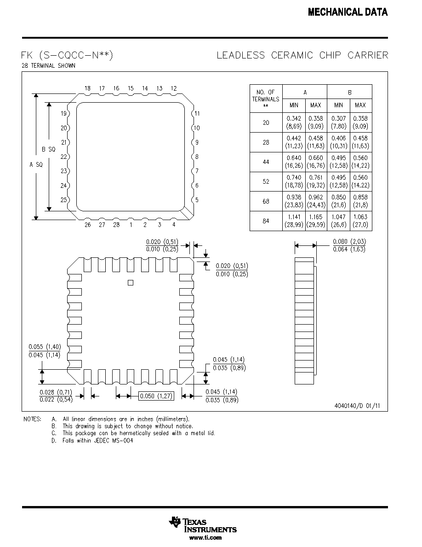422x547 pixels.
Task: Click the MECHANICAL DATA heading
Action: click(x=348, y=12)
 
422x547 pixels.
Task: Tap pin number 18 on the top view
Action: click(x=87, y=88)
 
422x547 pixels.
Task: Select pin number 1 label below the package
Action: click(x=131, y=225)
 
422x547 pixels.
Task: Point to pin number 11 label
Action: click(x=197, y=113)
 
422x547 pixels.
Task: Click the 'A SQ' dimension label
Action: click(x=36, y=165)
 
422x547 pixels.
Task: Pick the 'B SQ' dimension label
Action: click(x=48, y=149)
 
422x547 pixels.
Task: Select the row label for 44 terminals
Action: click(x=266, y=162)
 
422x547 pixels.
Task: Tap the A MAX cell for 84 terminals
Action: click(x=316, y=221)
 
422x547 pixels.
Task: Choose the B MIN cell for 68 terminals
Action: click(x=338, y=201)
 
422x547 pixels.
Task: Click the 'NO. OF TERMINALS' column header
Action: click(x=266, y=99)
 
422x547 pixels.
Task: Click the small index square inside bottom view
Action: click(x=131, y=283)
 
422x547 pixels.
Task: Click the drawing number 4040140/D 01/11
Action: click(x=357, y=406)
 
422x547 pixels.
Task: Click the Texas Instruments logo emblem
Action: click(x=174, y=522)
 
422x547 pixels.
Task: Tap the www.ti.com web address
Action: click(x=205, y=538)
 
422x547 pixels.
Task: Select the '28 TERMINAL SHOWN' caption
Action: click(x=48, y=65)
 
